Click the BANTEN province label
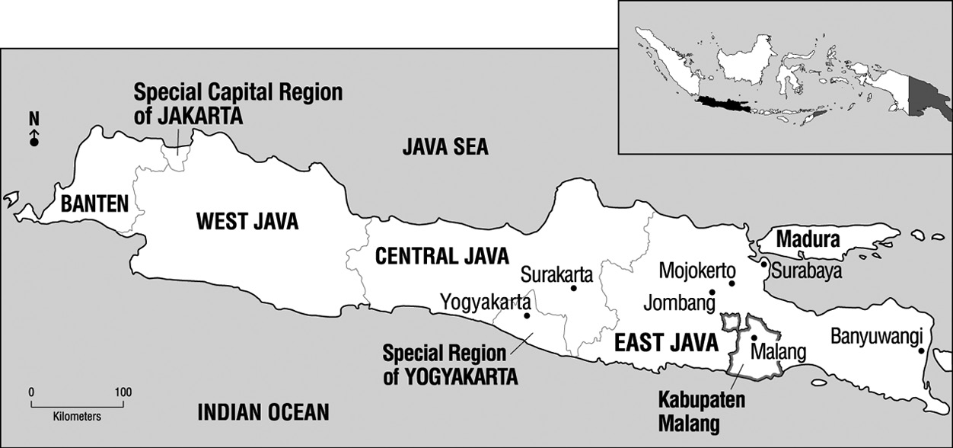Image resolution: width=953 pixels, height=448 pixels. click(94, 204)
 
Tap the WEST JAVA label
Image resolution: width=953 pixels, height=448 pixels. click(247, 222)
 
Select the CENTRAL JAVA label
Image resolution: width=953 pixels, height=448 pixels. click(442, 255)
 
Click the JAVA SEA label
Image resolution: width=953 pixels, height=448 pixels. click(445, 147)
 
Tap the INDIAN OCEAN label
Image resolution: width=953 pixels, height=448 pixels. click(263, 413)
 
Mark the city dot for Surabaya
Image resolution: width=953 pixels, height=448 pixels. click(763, 264)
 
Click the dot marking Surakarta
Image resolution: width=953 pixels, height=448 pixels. click(573, 288)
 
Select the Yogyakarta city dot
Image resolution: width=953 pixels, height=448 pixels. click(526, 315)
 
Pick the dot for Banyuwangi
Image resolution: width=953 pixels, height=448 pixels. click(921, 351)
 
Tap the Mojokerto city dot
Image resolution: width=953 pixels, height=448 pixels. click(731, 283)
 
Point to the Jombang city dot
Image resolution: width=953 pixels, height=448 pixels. click(712, 292)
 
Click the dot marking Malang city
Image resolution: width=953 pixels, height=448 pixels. click(754, 338)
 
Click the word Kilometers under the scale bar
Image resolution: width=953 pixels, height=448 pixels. click(77, 418)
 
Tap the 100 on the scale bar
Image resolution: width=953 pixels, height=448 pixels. click(122, 392)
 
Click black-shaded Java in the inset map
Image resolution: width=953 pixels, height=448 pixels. click(727, 103)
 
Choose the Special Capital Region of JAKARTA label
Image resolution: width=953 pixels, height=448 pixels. click(237, 105)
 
